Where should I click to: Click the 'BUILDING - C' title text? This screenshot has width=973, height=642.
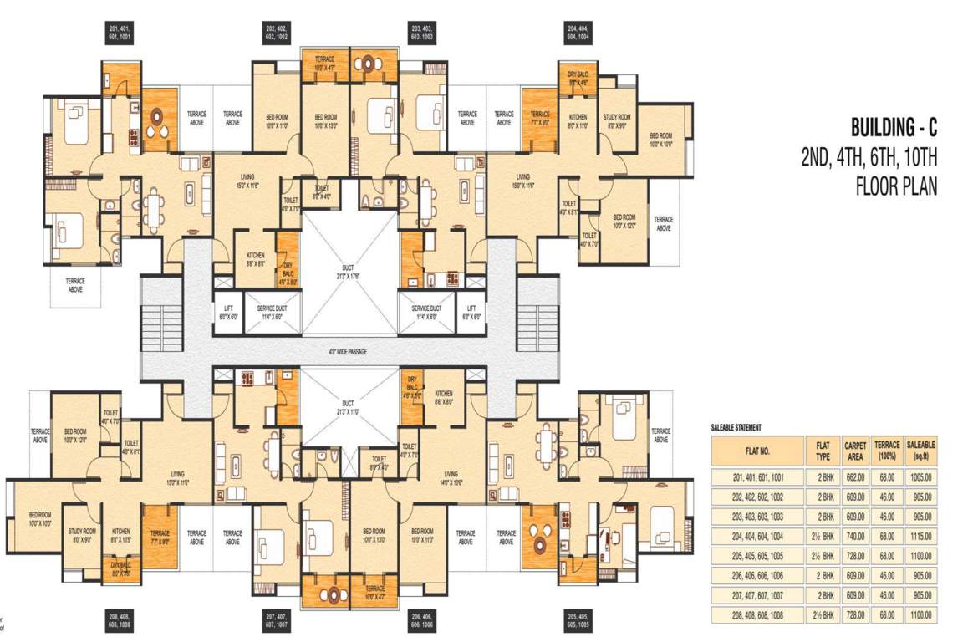(894, 129)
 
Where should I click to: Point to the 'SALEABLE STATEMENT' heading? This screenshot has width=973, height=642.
(736, 428)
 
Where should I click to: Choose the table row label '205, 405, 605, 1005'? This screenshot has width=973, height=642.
(756, 555)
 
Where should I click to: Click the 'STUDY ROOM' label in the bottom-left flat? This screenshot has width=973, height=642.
(83, 535)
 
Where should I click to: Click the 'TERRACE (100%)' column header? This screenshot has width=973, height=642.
(886, 451)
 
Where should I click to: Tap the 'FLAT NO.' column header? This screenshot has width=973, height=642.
(756, 451)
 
